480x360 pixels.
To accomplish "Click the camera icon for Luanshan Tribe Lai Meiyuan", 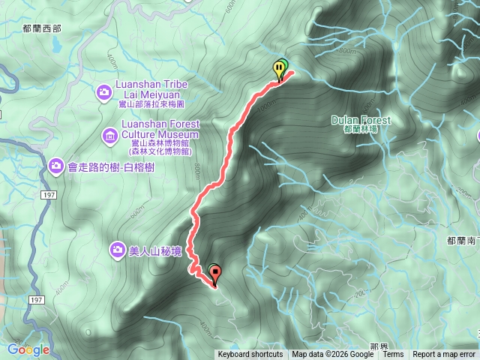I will (x=104, y=92).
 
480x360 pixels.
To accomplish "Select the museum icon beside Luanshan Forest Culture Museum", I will (x=109, y=136).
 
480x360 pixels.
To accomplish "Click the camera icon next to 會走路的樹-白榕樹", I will (x=55, y=165).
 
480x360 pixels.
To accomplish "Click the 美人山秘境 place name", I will (x=155, y=251).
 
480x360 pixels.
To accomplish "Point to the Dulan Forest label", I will (x=361, y=120).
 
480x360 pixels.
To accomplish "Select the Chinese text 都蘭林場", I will (x=359, y=130).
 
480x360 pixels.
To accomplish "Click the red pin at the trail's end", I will (x=216, y=274).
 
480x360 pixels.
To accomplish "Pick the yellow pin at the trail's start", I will (x=279, y=70).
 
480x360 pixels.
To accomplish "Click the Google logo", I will (x=28, y=349).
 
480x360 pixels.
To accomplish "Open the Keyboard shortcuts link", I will (x=250, y=355).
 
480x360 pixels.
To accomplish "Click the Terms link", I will (x=393, y=355).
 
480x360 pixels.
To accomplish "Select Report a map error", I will (x=444, y=355).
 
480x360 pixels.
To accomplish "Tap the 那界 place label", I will (x=379, y=347).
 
